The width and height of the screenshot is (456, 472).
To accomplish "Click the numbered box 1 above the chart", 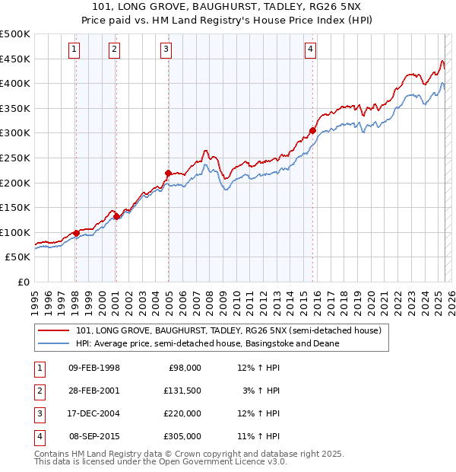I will pyautogui.click(x=74, y=50).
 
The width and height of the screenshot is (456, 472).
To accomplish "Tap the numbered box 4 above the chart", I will pyautogui.click(x=311, y=50).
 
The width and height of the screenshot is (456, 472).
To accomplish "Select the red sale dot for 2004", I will pyautogui.click(x=168, y=173).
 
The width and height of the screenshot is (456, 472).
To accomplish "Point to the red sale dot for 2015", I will pyautogui.click(x=312, y=130).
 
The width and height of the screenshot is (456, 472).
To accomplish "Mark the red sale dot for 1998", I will pyautogui.click(x=76, y=233).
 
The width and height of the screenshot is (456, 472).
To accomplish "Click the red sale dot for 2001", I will pyautogui.click(x=117, y=216).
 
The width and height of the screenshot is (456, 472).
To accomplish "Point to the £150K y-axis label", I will pyautogui.click(x=15, y=207).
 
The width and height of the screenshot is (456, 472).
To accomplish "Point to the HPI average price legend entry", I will pyautogui.click(x=207, y=343).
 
